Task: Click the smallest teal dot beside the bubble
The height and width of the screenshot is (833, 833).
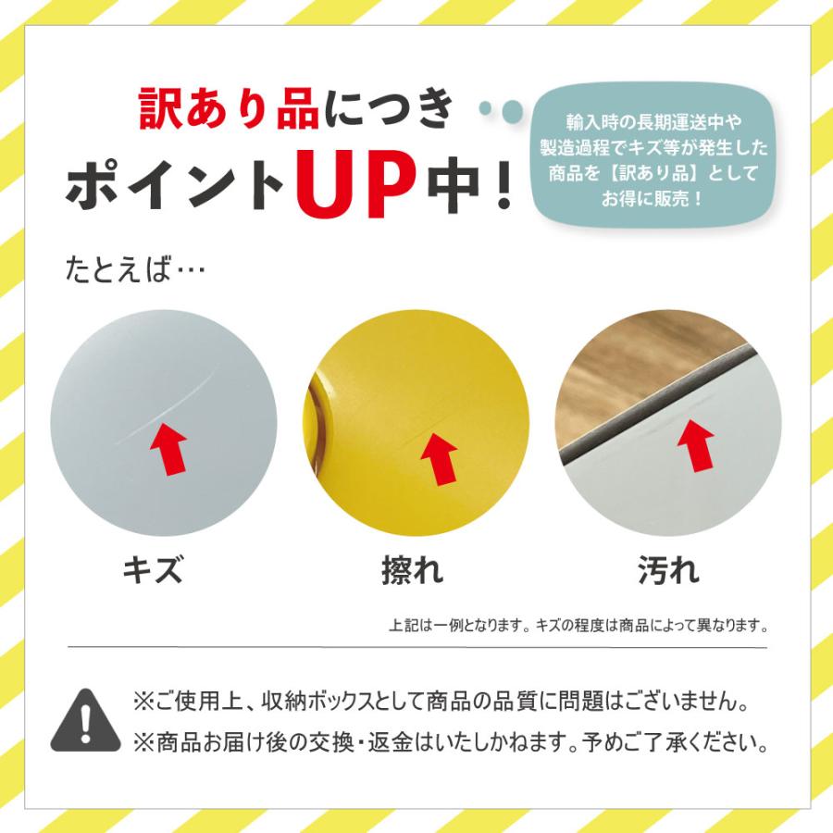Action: click(x=485, y=108)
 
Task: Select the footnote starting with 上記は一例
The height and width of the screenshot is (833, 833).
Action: click(x=578, y=625)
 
